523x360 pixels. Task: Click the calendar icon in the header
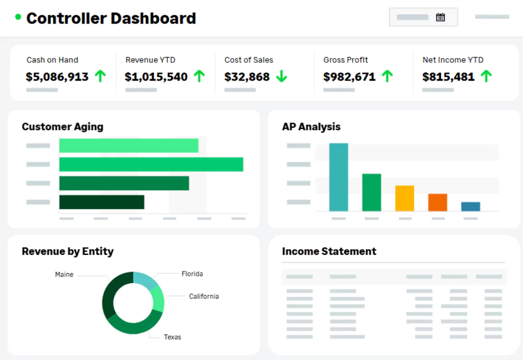(440, 17)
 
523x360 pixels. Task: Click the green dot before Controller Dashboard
(18, 17)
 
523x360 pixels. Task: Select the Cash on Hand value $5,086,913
(57, 77)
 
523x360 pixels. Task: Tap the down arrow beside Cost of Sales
(282, 76)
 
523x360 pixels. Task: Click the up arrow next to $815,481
(486, 76)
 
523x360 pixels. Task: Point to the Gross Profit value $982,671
(349, 77)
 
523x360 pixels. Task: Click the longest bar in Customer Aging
(151, 164)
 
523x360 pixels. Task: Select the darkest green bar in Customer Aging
(101, 202)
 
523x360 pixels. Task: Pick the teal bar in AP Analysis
(338, 177)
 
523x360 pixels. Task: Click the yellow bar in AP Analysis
(404, 198)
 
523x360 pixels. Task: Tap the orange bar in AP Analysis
(437, 203)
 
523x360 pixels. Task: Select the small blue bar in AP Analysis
(470, 207)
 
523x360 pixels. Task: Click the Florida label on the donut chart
(192, 274)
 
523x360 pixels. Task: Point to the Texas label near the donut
(172, 337)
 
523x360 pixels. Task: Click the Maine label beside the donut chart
(64, 274)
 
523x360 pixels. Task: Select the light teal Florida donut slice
(146, 281)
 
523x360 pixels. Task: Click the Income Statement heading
(329, 251)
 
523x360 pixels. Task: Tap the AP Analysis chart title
(311, 127)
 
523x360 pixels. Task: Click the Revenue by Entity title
(67, 251)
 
